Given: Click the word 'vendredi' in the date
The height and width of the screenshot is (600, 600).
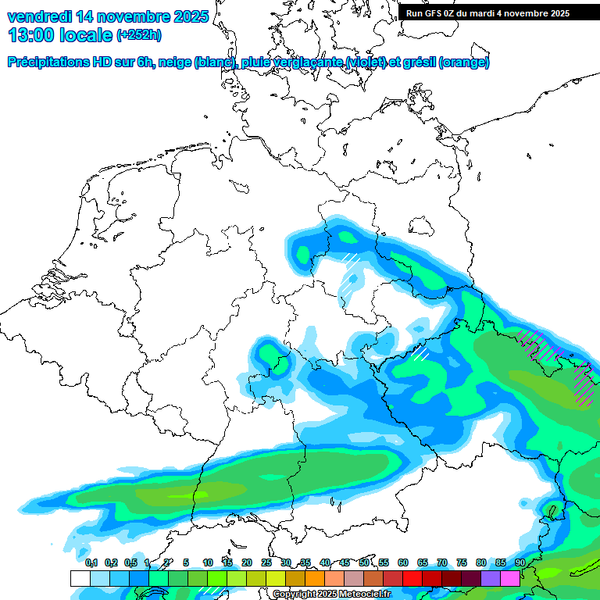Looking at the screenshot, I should click(x=39, y=16).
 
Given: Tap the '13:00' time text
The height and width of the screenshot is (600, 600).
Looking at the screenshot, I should click(x=31, y=35).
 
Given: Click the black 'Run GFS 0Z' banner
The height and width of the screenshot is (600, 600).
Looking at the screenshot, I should click(x=488, y=13).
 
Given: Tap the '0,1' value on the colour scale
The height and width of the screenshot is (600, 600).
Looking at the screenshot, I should click(x=91, y=562).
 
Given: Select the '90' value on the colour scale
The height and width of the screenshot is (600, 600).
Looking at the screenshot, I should click(x=520, y=562).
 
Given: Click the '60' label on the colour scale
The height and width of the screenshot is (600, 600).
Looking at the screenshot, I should click(x=403, y=562).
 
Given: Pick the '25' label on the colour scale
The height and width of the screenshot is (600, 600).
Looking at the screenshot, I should click(x=266, y=562).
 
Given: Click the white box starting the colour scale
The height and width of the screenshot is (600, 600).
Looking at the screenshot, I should click(x=80, y=578).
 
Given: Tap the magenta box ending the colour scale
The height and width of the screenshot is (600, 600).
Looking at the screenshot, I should click(x=510, y=578).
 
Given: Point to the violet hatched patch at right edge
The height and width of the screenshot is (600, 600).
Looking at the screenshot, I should click(x=582, y=383).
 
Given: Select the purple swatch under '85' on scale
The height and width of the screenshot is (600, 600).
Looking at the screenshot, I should click(x=491, y=578).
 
